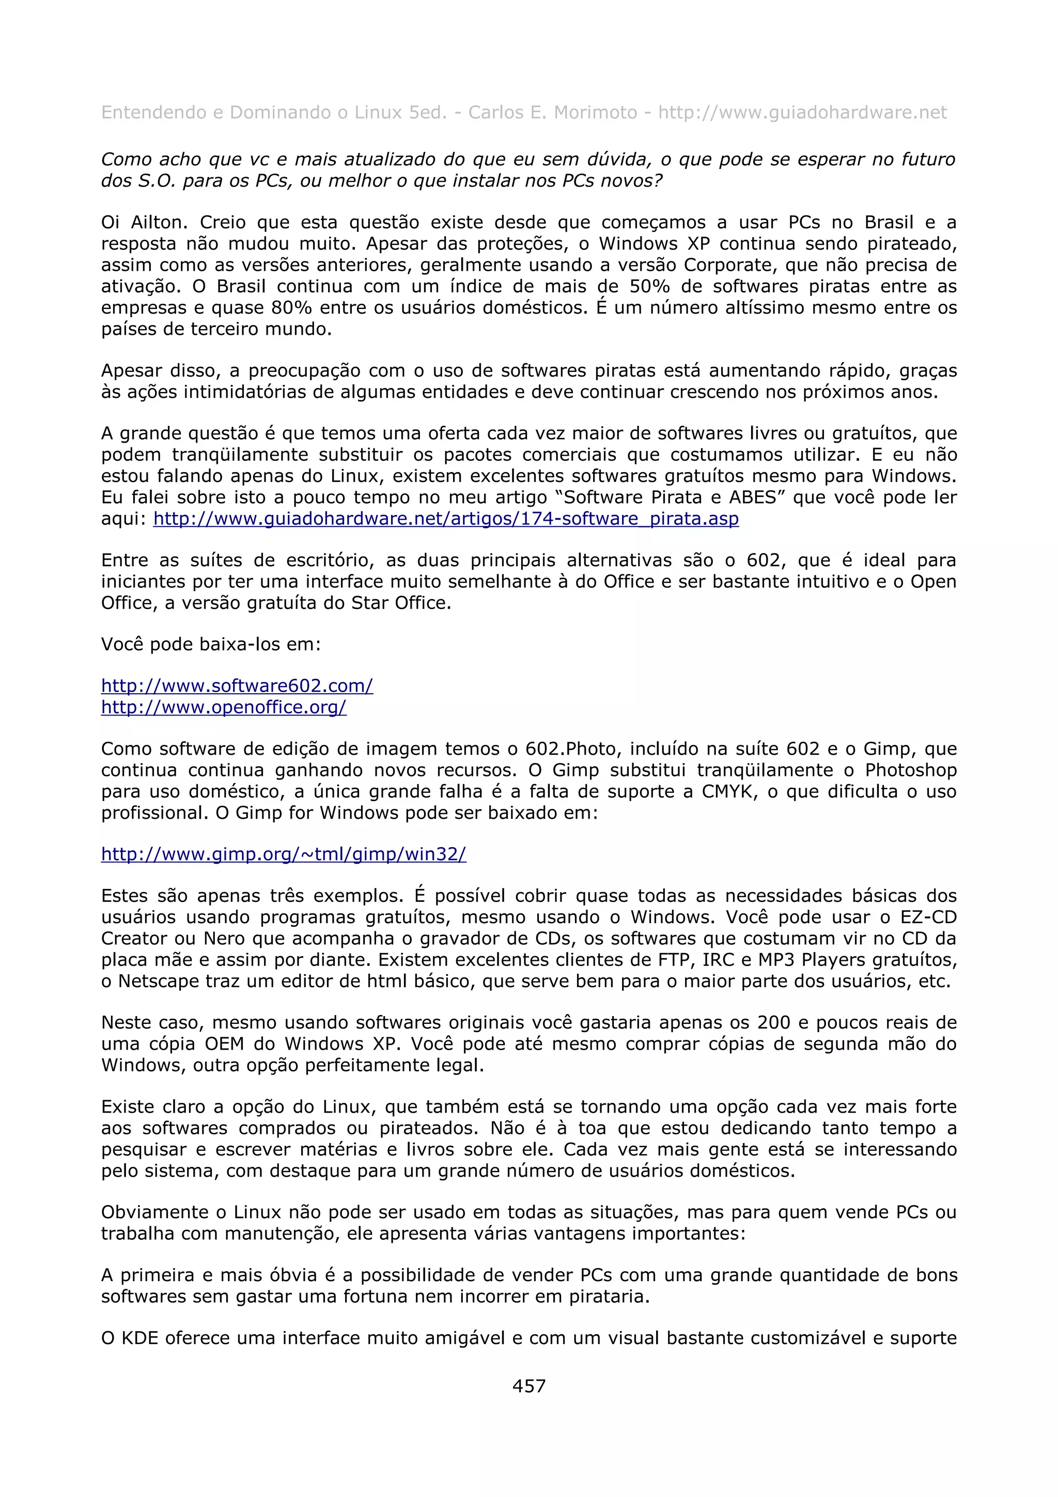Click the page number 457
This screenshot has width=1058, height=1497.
point(528,1385)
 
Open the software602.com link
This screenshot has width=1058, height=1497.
point(237,686)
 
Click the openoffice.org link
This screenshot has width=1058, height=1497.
point(224,707)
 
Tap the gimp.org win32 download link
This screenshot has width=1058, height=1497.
point(284,854)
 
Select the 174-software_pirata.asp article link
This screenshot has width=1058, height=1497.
point(446,519)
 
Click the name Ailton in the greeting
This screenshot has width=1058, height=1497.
point(159,222)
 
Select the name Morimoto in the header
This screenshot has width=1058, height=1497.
point(595,113)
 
